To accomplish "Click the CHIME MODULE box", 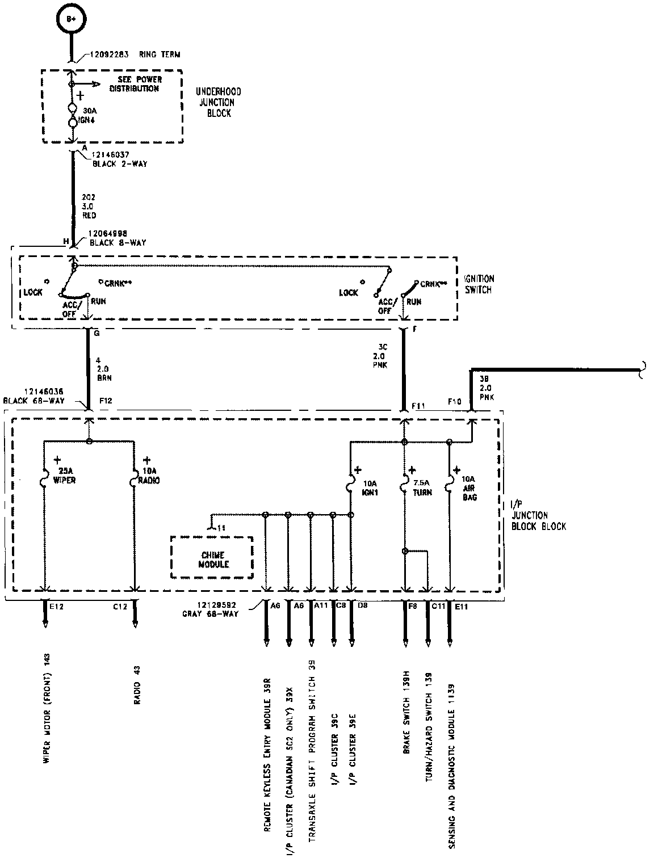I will (212, 560).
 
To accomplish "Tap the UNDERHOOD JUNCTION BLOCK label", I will (218, 102).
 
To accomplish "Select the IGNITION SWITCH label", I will (479, 284).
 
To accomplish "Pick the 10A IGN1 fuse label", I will (370, 488).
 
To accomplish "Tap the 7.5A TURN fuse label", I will (422, 488).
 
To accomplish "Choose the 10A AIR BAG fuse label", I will (468, 488).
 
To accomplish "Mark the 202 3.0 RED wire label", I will (90, 207).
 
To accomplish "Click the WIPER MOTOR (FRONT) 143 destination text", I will (48, 717).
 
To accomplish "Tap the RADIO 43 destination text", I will (137, 685).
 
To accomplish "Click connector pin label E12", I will (56, 606).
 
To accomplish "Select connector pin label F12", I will (106, 401).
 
